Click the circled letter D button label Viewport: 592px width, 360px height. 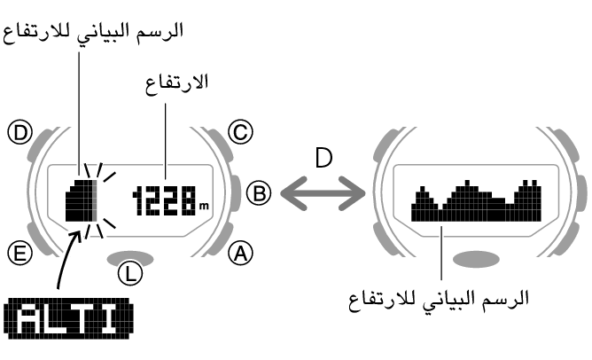[20, 132]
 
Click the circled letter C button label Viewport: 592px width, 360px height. [240, 132]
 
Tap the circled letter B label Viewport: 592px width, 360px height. [259, 193]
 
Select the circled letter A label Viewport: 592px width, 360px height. [240, 253]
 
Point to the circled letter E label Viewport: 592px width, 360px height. [20, 253]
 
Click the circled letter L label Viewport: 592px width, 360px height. [130, 273]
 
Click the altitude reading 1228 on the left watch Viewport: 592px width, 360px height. [164, 200]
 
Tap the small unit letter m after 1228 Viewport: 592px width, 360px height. [204, 207]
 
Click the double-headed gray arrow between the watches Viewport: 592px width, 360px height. [323, 193]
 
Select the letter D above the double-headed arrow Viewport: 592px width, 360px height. [324, 158]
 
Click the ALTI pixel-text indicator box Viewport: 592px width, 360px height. [69, 318]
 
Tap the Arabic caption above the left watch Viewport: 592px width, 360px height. [93, 33]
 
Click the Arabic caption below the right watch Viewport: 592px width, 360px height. [438, 301]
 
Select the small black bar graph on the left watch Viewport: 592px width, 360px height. [82, 200]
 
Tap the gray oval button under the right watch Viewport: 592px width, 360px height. [476, 260]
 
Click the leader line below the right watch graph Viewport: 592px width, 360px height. [441, 253]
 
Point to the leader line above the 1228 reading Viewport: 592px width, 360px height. [166, 141]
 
